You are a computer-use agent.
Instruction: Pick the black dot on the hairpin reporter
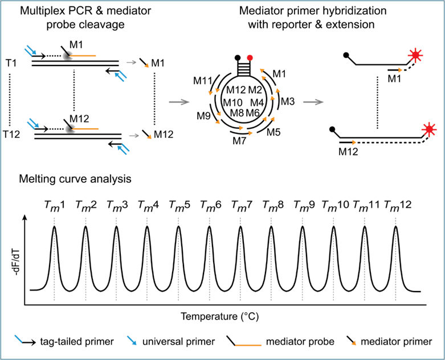(236, 58)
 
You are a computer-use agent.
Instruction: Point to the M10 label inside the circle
(236, 101)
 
